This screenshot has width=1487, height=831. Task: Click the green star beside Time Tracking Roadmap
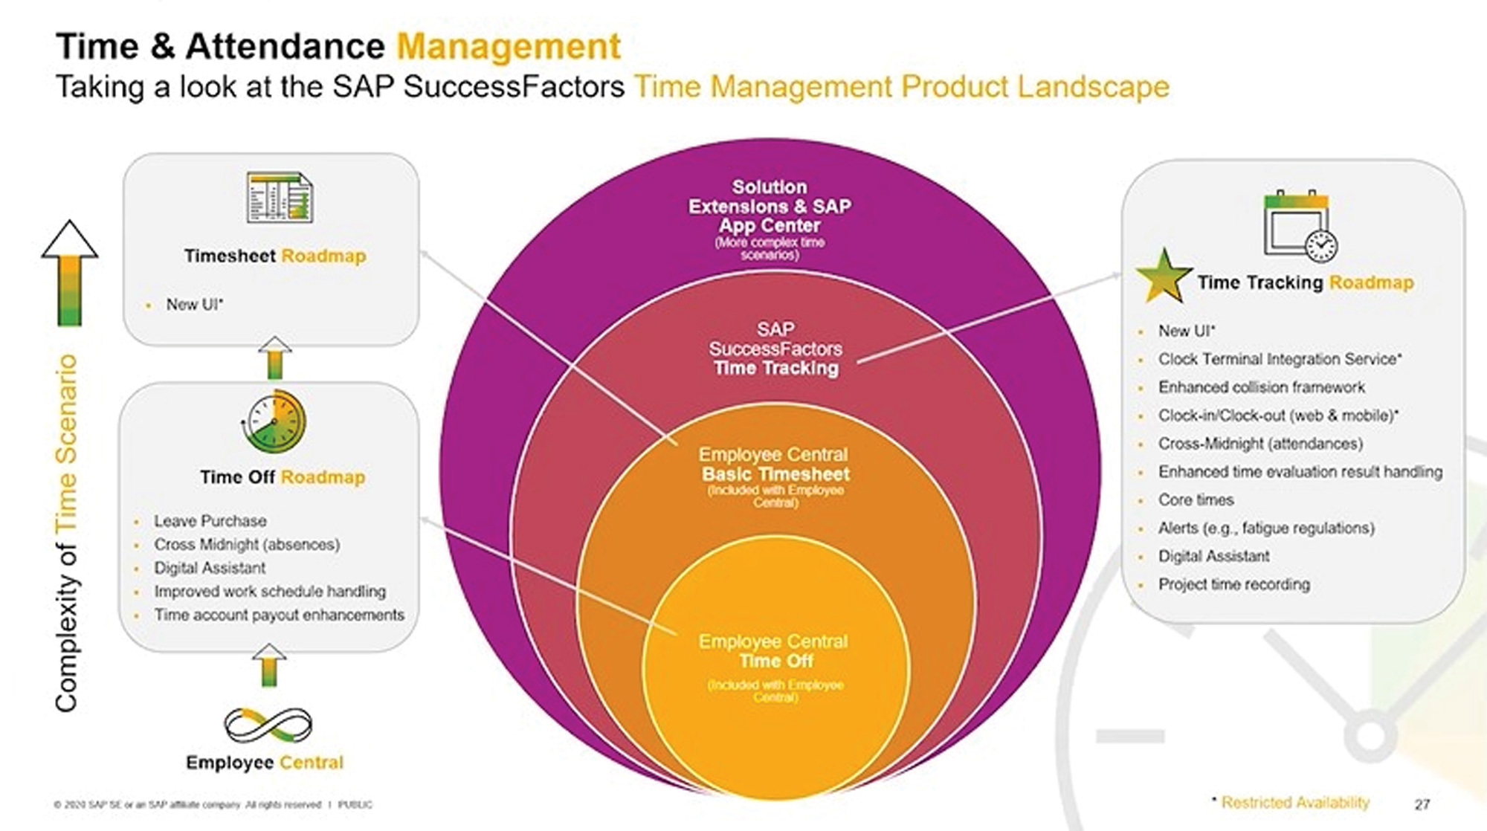coord(1164,276)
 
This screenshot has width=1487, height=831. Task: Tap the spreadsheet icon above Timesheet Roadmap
coord(280,197)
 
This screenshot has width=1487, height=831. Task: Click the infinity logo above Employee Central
coord(268,725)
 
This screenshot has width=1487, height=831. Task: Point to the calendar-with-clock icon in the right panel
coord(1299,225)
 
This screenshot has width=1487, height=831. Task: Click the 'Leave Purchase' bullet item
coord(210,521)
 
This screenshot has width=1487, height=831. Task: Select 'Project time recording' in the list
coord(1233,584)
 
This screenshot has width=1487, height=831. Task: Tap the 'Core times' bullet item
coord(1196,500)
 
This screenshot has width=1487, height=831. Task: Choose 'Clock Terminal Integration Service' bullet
coord(1279,359)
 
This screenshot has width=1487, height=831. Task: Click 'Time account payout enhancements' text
coord(279,615)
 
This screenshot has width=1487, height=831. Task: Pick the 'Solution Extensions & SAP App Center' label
coord(770,207)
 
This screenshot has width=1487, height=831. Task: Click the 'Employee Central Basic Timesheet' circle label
coord(775,465)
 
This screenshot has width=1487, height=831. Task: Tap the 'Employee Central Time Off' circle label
coord(773,652)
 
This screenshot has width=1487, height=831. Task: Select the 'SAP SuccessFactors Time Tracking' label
coord(775,349)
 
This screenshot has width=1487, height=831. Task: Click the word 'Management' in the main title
coord(509,46)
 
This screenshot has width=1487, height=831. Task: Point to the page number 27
coord(1422,804)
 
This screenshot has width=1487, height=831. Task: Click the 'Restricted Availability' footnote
coord(1294,803)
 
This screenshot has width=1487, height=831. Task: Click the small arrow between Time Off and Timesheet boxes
coord(275,358)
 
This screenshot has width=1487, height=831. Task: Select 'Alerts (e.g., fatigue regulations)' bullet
coord(1265,528)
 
